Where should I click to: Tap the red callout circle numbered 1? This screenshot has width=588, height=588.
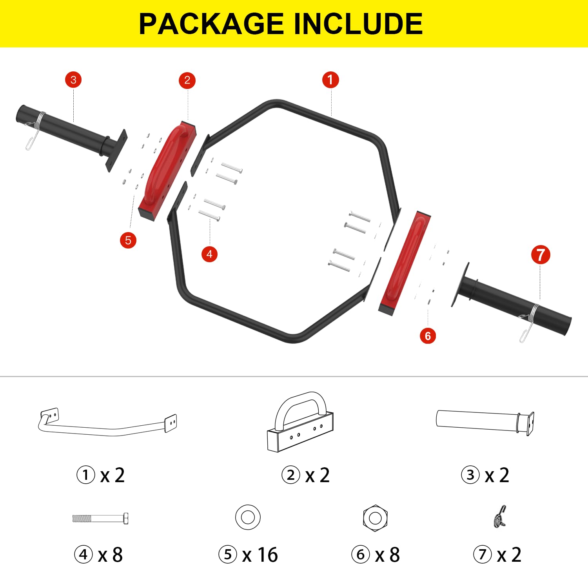pyautogui.click(x=330, y=80)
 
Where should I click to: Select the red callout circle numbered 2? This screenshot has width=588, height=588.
pyautogui.click(x=187, y=80)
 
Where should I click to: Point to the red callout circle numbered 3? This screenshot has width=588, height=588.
pyautogui.click(x=73, y=80)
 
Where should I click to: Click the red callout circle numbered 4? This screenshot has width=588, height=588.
pyautogui.click(x=209, y=254)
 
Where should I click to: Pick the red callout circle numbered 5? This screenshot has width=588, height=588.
pyautogui.click(x=128, y=240)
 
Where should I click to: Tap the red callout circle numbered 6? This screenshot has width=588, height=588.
pyautogui.click(x=428, y=336)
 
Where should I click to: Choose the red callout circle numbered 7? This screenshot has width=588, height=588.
pyautogui.click(x=541, y=255)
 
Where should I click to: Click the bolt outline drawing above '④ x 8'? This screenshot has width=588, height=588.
pyautogui.click(x=100, y=519)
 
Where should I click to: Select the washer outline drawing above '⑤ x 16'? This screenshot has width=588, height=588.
pyautogui.click(x=248, y=517)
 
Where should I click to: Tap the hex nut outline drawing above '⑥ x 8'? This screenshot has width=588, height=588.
pyautogui.click(x=375, y=518)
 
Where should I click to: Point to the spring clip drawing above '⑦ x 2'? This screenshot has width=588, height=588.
pyautogui.click(x=501, y=516)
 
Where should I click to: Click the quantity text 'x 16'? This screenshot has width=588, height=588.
pyautogui.click(x=260, y=555)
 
